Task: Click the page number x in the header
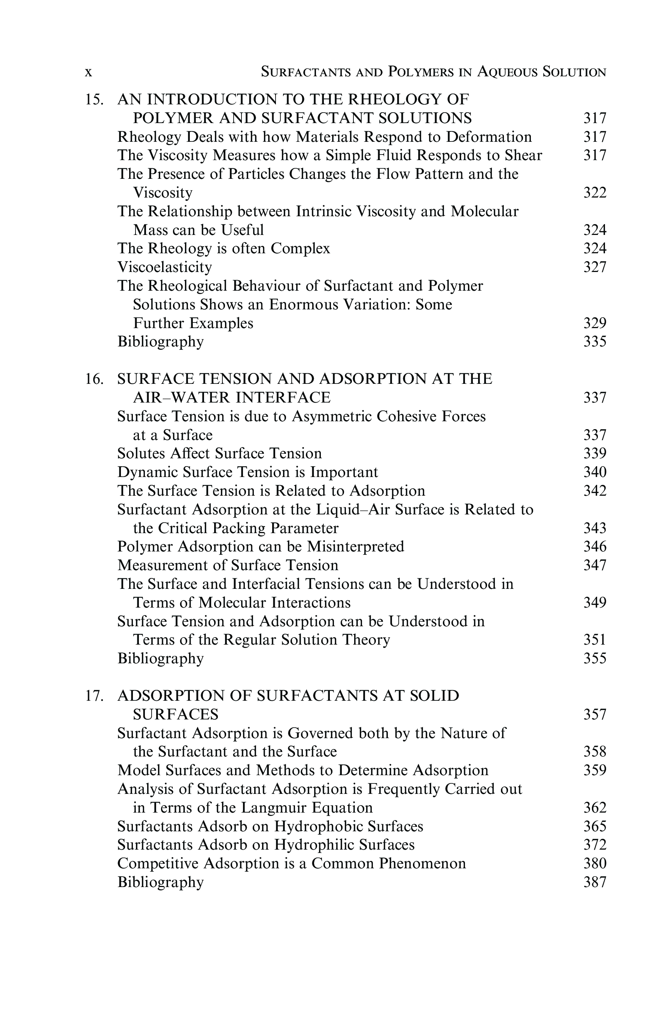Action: point(88,72)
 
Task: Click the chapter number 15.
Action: point(94,100)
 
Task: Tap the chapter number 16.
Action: point(94,379)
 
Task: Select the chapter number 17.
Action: point(94,696)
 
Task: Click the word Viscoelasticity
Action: point(165,267)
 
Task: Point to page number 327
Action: point(595,267)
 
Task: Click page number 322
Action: point(595,193)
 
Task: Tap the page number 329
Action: point(595,323)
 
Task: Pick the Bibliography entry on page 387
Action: point(160,882)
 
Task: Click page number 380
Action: point(595,863)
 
